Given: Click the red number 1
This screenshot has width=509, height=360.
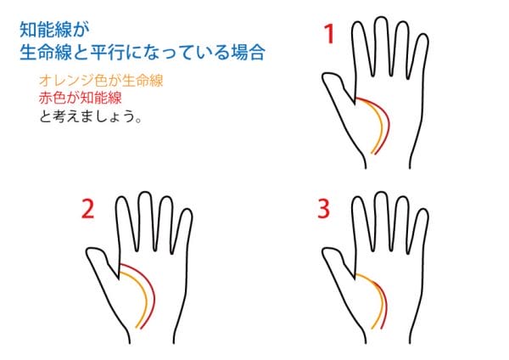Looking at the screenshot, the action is [x=329, y=34].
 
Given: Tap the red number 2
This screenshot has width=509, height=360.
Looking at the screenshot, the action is [x=87, y=209].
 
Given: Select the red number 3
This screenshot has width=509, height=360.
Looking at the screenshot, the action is [x=324, y=209].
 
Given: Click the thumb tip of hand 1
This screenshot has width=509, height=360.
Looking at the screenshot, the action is [x=325, y=76].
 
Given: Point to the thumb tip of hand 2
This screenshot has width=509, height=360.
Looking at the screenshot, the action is [x=89, y=252].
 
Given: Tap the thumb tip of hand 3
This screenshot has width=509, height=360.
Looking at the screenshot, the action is [x=325, y=252].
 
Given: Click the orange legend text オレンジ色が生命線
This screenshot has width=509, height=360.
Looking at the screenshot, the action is [x=101, y=81].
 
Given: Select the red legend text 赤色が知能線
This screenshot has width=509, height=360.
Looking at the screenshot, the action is [x=81, y=98].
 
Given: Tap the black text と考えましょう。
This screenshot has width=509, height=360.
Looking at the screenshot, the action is [x=91, y=116].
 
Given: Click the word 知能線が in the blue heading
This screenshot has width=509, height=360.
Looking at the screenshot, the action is [x=54, y=30].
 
